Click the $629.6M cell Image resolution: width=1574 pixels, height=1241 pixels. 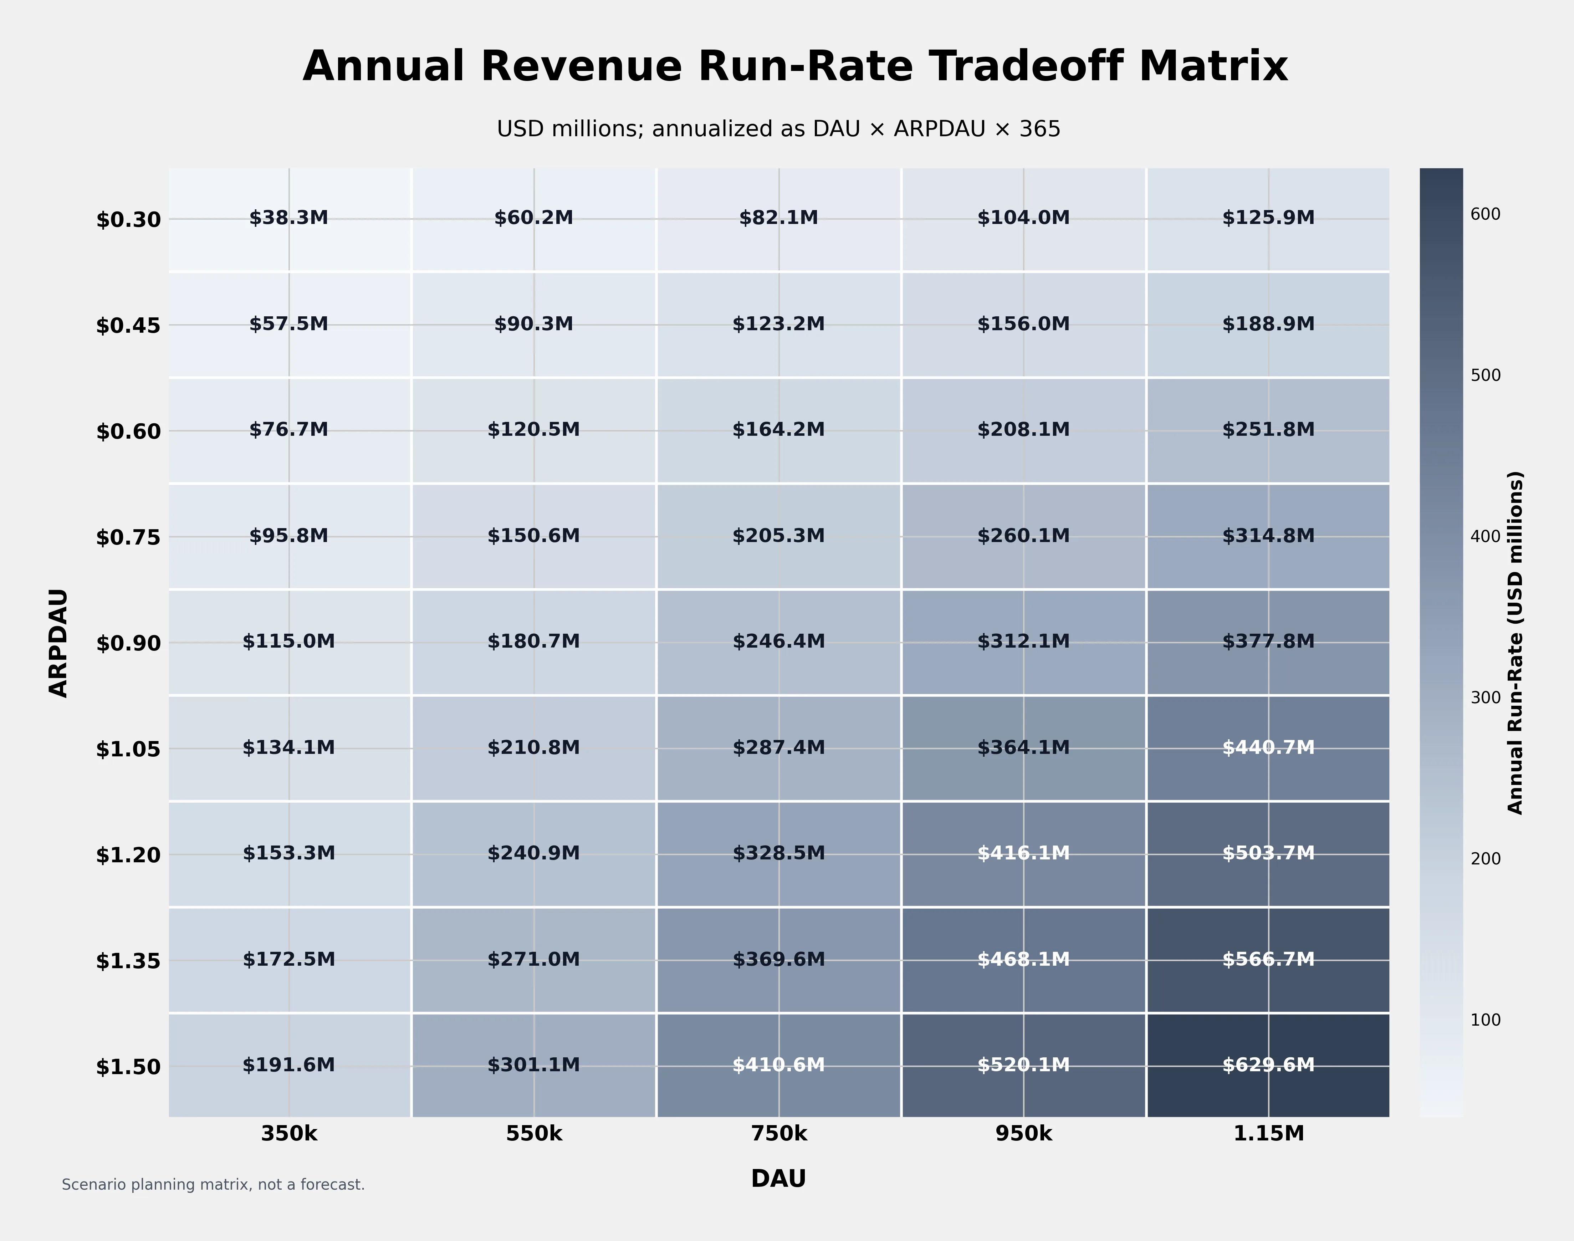[1268, 1065]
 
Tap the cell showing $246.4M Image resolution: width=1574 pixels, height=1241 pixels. [779, 642]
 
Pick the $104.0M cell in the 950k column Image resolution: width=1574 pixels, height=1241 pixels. [1023, 218]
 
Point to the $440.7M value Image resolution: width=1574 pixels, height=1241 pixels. [1268, 748]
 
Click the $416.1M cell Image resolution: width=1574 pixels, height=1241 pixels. [1023, 853]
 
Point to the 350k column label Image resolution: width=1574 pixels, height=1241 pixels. [289, 1133]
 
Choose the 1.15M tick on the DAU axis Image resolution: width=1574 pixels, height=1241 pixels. [1268, 1133]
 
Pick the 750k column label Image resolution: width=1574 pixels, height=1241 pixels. [779, 1133]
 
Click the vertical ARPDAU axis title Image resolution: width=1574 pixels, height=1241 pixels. [58, 643]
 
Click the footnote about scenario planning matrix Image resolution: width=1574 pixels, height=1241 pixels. [213, 1185]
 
